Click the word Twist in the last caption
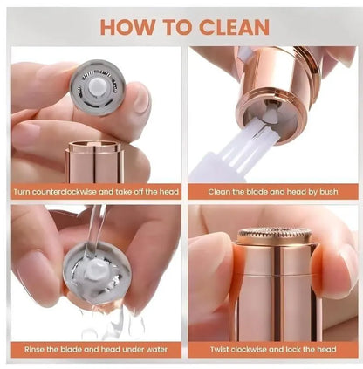(x=209, y=348)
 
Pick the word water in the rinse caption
(x=155, y=348)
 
